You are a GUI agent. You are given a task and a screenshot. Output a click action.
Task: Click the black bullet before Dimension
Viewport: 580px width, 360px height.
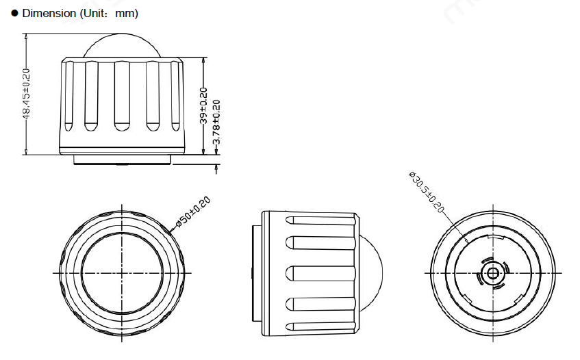coord(14,13)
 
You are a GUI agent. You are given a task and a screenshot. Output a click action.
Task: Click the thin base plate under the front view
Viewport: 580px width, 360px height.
coord(121,160)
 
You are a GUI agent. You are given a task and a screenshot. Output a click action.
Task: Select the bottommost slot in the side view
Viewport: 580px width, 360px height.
coord(320,323)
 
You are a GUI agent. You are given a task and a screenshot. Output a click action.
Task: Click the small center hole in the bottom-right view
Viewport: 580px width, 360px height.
coord(491,272)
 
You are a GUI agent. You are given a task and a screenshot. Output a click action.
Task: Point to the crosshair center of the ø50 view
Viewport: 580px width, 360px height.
coord(122,272)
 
